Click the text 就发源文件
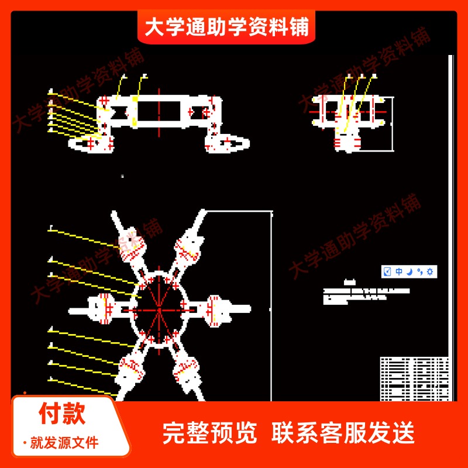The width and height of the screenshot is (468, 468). [x=64, y=443]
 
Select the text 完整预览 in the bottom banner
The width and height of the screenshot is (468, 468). [x=209, y=433]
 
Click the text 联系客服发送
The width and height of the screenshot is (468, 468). [x=343, y=433]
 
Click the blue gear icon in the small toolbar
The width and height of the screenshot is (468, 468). [x=431, y=271]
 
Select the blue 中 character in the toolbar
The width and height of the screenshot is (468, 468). [x=399, y=271]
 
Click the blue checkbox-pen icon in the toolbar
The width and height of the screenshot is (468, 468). [x=387, y=271]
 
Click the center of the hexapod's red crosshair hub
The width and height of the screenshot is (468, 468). [x=159, y=308]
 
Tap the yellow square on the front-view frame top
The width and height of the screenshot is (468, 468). [x=135, y=100]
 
